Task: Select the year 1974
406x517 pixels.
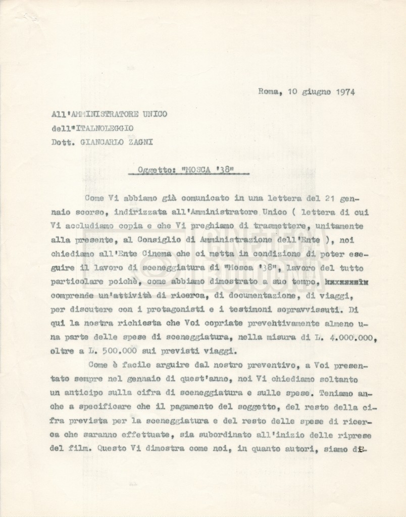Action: [344, 92]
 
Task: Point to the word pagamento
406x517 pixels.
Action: [181, 406]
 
